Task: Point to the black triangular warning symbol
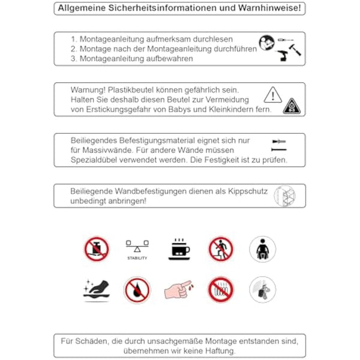292,106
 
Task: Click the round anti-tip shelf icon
284,196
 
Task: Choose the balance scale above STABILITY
137,245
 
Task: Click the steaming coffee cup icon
178,248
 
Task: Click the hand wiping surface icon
96,289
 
